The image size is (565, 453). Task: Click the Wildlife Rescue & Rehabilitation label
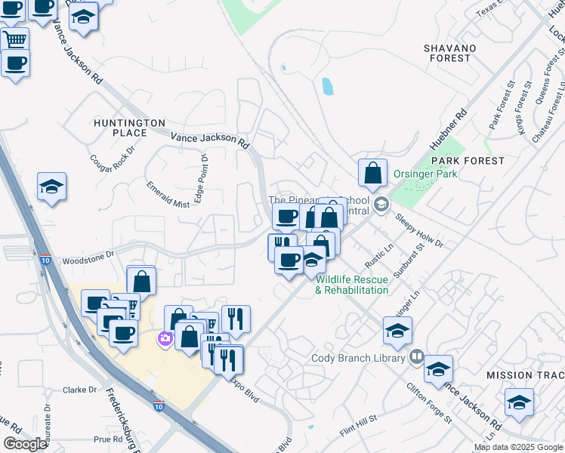tap(352, 284)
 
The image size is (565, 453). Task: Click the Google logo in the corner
tap(25, 444)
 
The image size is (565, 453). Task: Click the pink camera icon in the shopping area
tap(165, 341)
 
